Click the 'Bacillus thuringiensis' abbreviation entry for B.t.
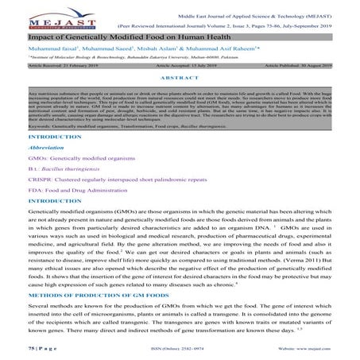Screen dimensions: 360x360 pos(67,172)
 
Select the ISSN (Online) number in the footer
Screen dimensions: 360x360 pos(178,348)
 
